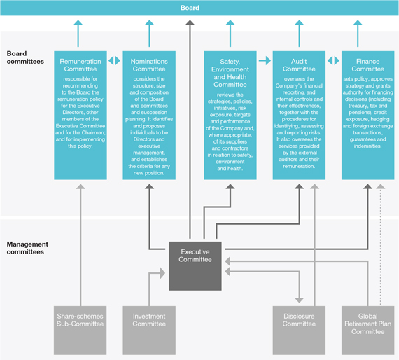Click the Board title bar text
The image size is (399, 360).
(x=190, y=8)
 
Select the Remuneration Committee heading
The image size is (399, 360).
(x=80, y=65)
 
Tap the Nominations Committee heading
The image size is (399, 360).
(x=149, y=65)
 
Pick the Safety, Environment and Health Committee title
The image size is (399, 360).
(x=230, y=73)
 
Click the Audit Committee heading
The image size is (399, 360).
(x=299, y=65)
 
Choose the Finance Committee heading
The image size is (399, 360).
(x=368, y=65)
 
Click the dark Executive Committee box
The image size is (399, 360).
(x=195, y=266)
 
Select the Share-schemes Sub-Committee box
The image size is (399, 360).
(x=80, y=330)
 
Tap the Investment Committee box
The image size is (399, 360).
(x=149, y=330)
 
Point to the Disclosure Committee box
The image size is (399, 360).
(x=299, y=330)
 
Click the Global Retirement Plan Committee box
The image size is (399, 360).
(x=368, y=330)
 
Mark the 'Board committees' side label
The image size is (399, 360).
(x=25, y=57)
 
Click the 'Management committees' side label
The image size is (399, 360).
(x=27, y=248)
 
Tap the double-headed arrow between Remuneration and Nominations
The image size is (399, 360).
(x=115, y=61)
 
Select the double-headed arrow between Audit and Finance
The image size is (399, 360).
(x=333, y=61)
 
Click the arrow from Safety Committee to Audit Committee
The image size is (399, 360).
(x=265, y=61)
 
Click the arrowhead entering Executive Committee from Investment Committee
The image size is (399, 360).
(x=162, y=273)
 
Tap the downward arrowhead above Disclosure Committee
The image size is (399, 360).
(x=300, y=300)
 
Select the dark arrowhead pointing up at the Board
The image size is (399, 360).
(x=190, y=22)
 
